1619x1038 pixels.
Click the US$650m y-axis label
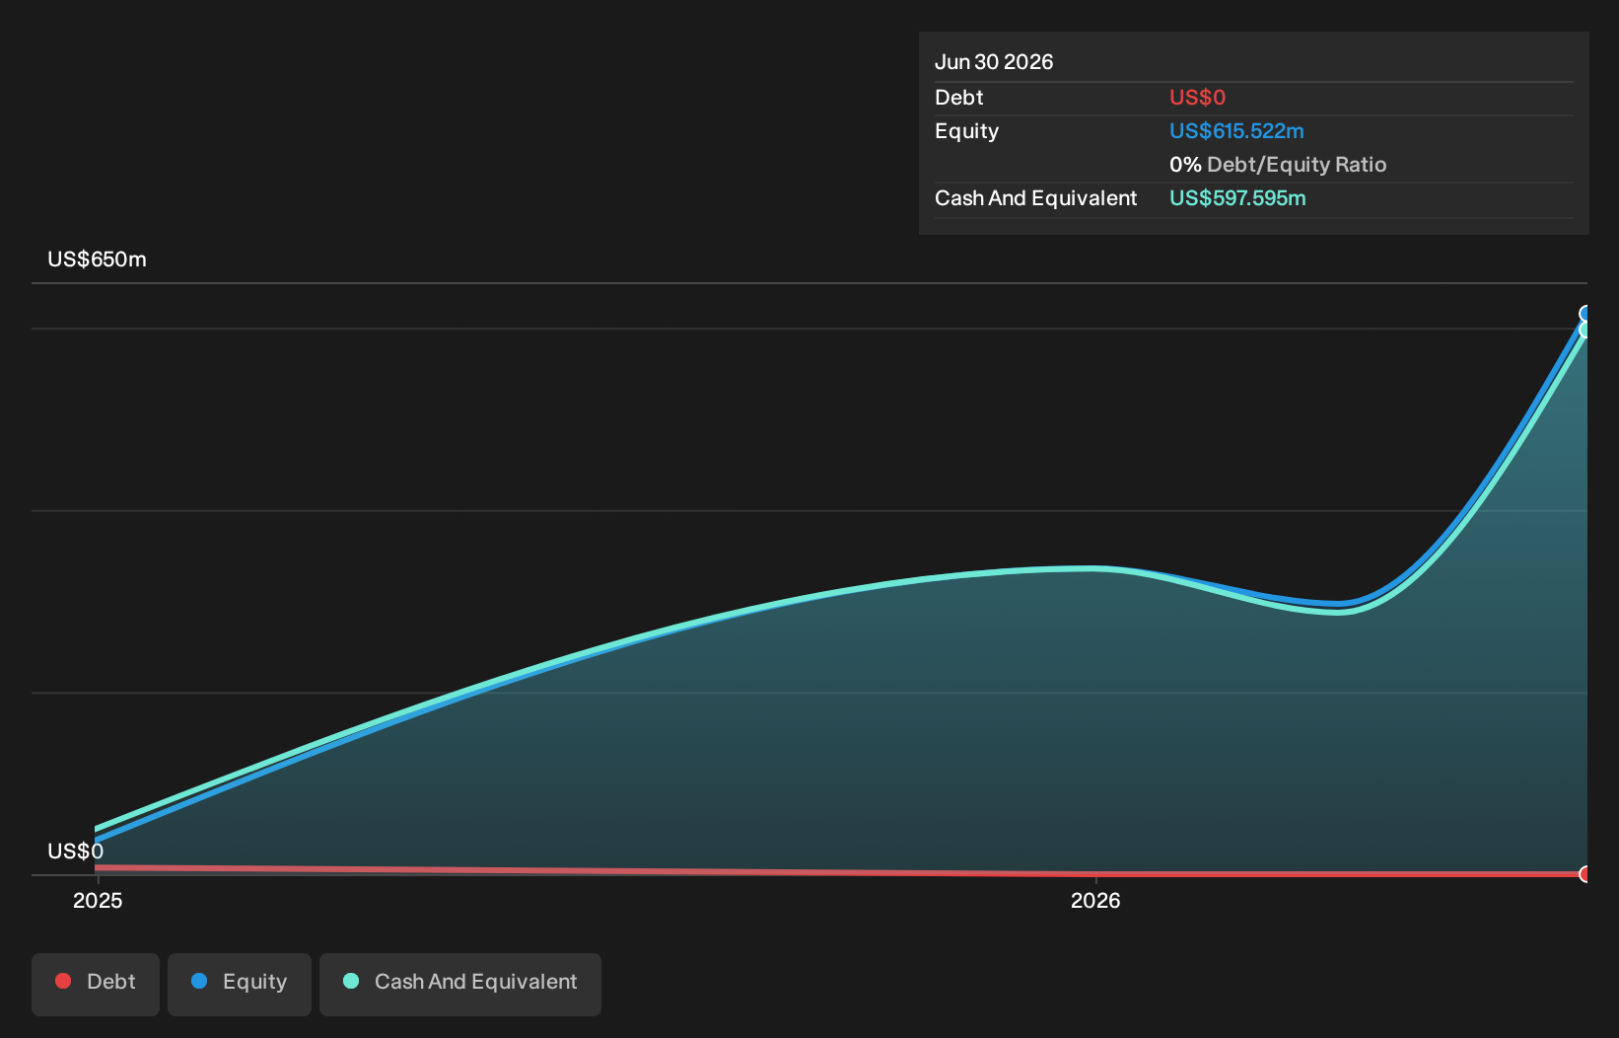click(x=97, y=259)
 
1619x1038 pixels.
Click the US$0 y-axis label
click(x=75, y=851)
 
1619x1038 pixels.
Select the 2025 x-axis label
click(x=98, y=901)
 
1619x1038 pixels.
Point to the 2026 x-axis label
click(x=1095, y=901)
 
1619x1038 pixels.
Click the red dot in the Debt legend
click(x=64, y=981)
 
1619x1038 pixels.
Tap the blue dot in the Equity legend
click(x=199, y=981)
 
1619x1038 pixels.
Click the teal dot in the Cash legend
click(x=351, y=981)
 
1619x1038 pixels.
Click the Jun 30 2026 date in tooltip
click(x=994, y=62)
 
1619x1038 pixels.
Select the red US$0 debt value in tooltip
click(x=1198, y=97)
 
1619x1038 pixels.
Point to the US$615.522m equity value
click(x=1236, y=131)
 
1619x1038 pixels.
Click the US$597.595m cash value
click(x=1237, y=198)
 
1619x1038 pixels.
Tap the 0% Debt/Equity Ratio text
click(x=1278, y=165)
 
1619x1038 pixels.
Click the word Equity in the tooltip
click(x=966, y=131)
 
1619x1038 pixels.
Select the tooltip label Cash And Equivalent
click(x=1035, y=198)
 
